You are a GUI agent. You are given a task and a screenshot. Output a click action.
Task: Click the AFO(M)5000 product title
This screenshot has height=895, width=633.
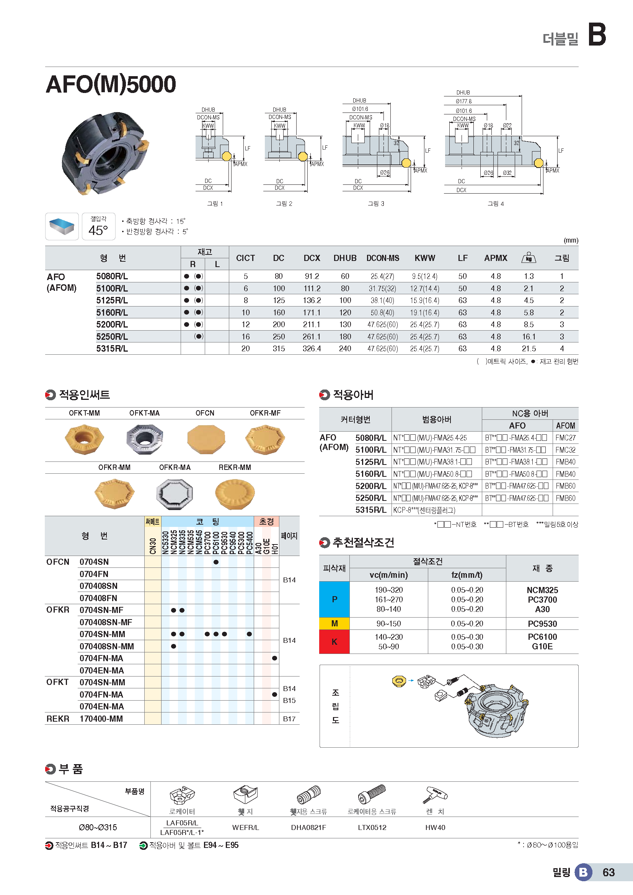tap(111, 84)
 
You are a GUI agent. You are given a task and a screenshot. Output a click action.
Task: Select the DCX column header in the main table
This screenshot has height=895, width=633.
tap(312, 258)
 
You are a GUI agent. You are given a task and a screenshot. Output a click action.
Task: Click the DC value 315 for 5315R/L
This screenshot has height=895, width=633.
tap(278, 349)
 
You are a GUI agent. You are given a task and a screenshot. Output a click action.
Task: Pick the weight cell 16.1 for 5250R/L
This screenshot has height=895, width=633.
tap(529, 336)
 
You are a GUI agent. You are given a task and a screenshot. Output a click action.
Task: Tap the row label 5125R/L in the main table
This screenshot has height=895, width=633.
tap(112, 300)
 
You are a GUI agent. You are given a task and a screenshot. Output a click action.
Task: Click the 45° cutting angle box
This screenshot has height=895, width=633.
tap(98, 227)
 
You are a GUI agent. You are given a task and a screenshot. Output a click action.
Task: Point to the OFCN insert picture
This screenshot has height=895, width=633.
tap(206, 439)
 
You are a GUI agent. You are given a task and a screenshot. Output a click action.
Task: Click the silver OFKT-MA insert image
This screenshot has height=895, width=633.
tap(144, 439)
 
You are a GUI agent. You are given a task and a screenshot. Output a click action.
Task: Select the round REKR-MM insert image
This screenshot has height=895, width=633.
tap(235, 494)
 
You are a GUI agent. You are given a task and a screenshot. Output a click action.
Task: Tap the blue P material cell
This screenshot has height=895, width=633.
tap(334, 599)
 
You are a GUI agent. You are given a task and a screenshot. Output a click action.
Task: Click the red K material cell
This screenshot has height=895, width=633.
tap(334, 642)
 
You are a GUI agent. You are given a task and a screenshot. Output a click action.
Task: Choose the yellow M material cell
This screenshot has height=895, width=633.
tap(334, 623)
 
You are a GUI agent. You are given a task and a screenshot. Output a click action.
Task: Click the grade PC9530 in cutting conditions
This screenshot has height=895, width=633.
tap(542, 624)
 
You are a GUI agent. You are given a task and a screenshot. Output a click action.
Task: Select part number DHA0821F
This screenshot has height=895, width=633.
tap(308, 828)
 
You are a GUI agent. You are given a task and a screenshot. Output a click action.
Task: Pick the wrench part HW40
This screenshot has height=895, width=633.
tap(435, 828)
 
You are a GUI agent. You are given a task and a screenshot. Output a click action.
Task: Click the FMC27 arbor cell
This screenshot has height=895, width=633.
tap(565, 438)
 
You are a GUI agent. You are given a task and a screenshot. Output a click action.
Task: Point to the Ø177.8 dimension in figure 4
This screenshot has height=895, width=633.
tap(463, 101)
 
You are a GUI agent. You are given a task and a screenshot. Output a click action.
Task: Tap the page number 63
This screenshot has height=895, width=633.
tap(609, 872)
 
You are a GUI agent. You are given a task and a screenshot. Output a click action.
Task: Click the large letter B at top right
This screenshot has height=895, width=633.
tap(596, 34)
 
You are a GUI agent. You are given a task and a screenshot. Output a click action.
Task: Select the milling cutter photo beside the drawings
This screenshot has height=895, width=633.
tap(105, 153)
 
